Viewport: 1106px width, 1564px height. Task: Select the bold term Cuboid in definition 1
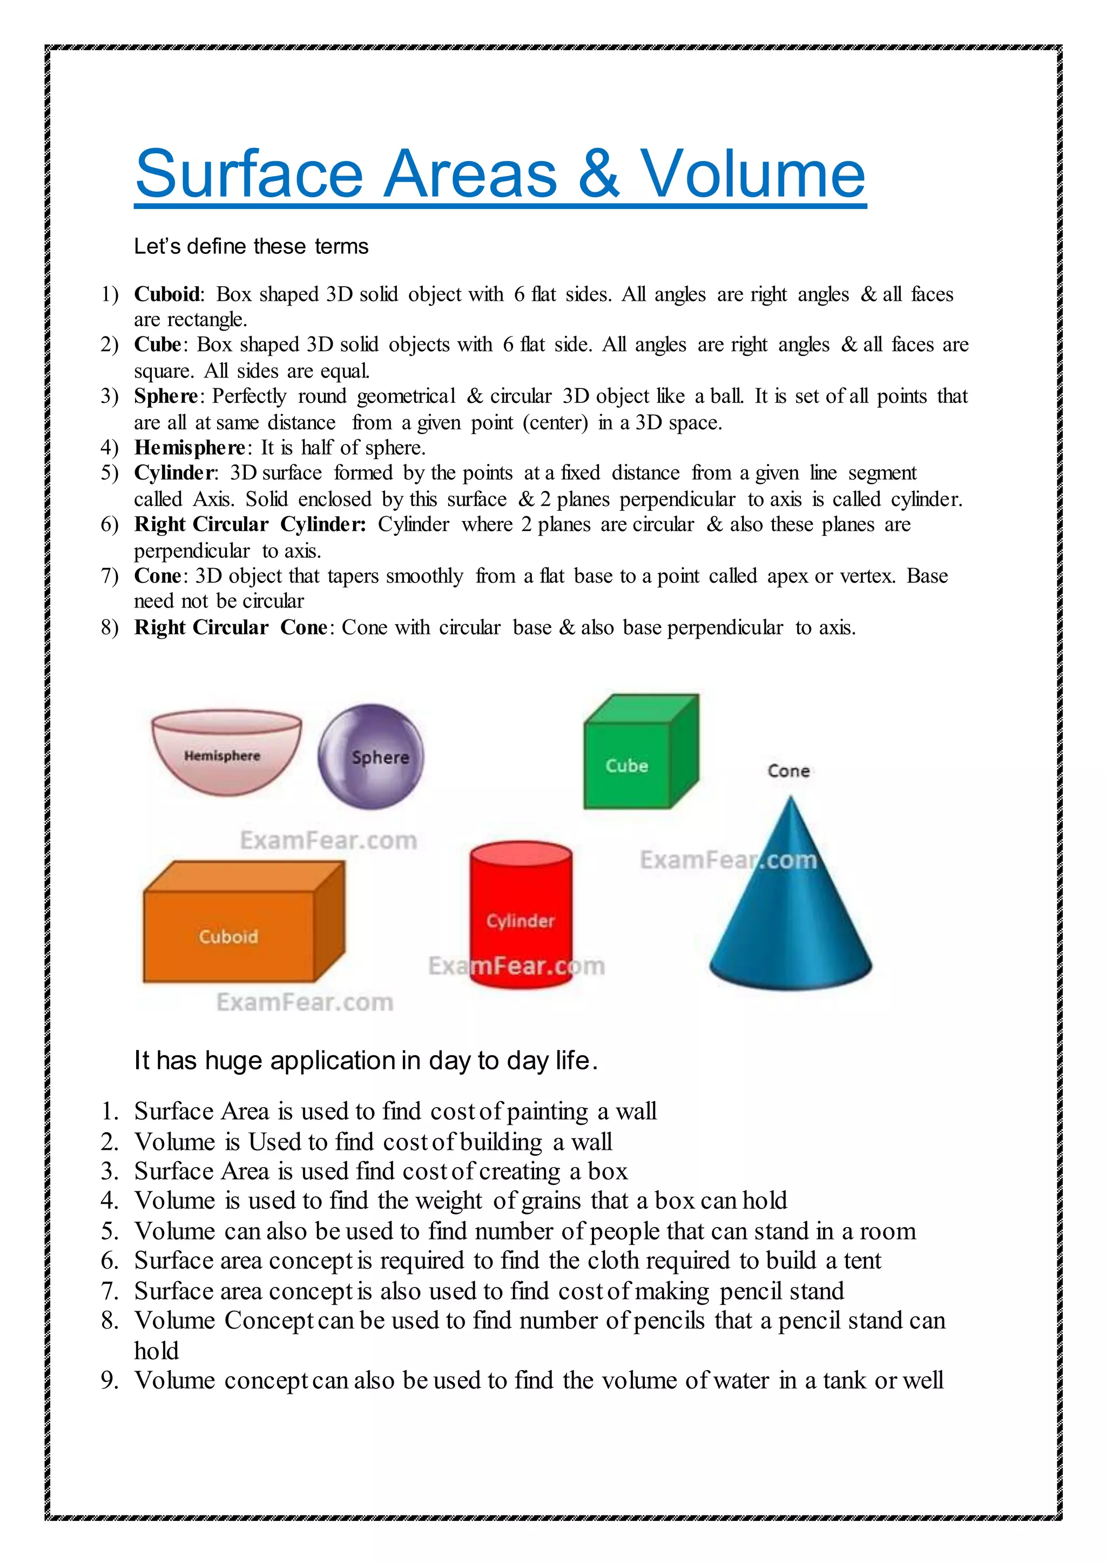click(167, 294)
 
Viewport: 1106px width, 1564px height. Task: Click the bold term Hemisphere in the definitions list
click(190, 448)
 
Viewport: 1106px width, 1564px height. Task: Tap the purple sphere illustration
click(371, 756)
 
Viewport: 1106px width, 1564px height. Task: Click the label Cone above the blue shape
click(788, 771)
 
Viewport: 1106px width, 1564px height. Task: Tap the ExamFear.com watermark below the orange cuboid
click(305, 1002)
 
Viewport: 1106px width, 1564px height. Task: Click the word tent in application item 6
click(862, 1261)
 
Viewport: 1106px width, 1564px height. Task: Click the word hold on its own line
click(156, 1351)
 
